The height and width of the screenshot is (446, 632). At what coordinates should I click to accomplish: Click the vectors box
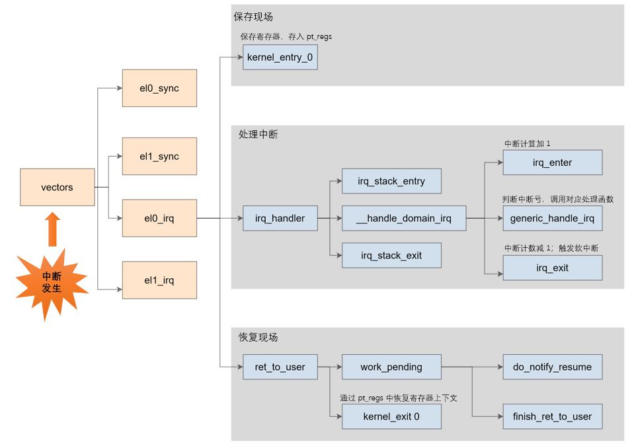click(x=58, y=188)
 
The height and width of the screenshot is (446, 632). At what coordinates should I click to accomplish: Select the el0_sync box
click(x=159, y=89)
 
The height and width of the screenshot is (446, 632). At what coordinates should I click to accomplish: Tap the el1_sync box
click(x=159, y=157)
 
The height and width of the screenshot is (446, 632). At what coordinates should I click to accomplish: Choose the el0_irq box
click(x=159, y=218)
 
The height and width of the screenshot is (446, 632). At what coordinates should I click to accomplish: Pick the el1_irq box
click(x=159, y=280)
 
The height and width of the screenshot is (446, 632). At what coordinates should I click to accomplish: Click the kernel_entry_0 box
click(x=280, y=57)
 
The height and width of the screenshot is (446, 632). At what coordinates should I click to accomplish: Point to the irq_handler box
click(x=280, y=218)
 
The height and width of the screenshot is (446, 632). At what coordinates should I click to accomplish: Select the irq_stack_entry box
click(x=391, y=181)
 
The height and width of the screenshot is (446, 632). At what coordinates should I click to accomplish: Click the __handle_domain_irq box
click(x=404, y=218)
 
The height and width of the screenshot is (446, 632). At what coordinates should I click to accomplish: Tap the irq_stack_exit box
click(x=391, y=256)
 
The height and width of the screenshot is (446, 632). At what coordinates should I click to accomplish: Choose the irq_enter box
click(x=553, y=163)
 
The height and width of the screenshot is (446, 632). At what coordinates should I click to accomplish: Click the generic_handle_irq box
click(x=553, y=218)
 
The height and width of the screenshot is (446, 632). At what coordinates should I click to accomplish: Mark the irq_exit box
click(x=553, y=268)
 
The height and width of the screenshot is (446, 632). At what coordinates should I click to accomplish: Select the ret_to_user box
click(x=280, y=367)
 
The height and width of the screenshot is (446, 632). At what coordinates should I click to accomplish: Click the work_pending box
click(x=391, y=367)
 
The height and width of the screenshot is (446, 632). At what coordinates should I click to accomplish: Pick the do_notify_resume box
click(x=553, y=367)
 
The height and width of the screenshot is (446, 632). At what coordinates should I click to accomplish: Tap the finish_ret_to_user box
click(x=553, y=416)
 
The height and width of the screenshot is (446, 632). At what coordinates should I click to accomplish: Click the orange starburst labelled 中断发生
click(x=52, y=283)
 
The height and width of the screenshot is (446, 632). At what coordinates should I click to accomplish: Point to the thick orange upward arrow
click(x=52, y=229)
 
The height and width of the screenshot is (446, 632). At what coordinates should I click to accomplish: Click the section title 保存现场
click(x=253, y=17)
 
